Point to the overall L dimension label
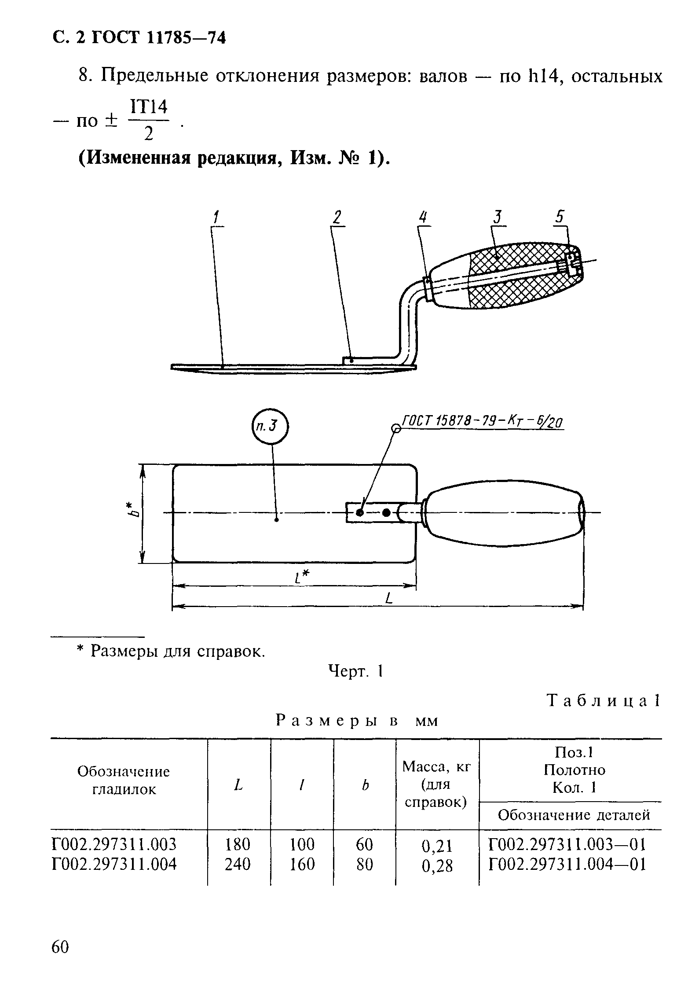click(x=388, y=598)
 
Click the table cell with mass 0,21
click(x=437, y=845)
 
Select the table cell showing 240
click(x=238, y=864)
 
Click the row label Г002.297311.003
click(x=114, y=844)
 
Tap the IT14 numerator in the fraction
click(x=149, y=107)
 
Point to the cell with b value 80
click(x=364, y=864)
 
